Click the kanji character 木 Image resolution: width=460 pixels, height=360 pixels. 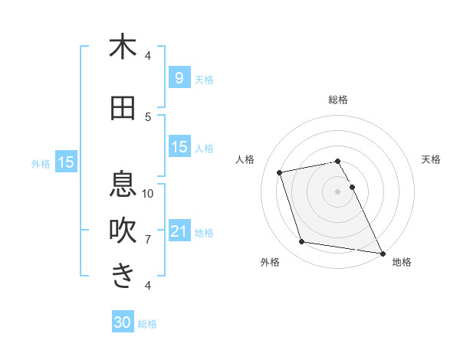[123, 47]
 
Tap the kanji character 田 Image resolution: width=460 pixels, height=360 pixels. [123, 109]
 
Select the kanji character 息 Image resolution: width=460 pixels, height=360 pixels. [123, 185]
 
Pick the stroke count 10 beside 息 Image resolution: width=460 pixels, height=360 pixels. [148, 193]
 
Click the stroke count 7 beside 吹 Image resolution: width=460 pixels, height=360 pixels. [148, 239]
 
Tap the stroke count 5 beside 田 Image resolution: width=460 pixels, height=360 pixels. [148, 116]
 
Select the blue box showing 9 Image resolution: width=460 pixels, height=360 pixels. [179, 77]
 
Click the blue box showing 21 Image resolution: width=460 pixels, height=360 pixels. [179, 231]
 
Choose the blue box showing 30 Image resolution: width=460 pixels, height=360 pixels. [123, 322]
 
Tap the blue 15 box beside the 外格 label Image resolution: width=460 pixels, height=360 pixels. [65, 162]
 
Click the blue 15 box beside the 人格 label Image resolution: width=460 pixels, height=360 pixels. [179, 147]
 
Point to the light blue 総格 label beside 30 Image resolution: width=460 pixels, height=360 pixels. [148, 324]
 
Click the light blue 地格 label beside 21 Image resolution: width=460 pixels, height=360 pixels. [204, 233]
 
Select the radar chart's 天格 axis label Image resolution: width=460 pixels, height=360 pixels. [432, 159]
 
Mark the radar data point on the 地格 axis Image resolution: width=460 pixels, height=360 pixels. [381, 252]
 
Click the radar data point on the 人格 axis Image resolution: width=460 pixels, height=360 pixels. [280, 172]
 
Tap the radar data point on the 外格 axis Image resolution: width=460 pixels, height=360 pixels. [301, 242]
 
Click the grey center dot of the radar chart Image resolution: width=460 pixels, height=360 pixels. [337, 191]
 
